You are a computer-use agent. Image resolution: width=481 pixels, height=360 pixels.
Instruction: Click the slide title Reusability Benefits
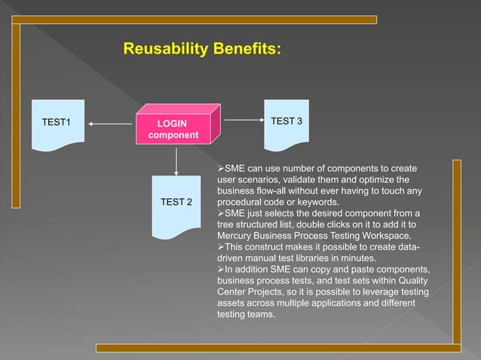[203, 50]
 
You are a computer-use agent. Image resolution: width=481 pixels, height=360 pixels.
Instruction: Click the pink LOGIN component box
[174, 129]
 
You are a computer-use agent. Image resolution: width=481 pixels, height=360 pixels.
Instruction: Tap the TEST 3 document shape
[286, 123]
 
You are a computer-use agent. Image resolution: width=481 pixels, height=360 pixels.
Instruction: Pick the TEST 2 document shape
[176, 203]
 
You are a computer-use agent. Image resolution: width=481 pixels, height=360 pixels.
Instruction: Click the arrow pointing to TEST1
[110, 124]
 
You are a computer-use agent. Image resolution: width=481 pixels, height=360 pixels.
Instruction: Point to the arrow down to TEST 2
[176, 160]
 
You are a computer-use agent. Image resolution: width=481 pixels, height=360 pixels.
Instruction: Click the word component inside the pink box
[173, 135]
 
